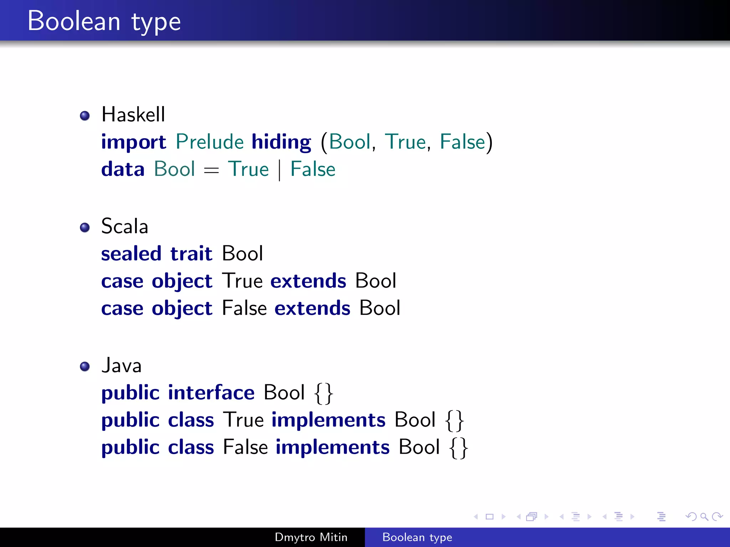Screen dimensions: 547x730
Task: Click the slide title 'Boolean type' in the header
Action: (104, 21)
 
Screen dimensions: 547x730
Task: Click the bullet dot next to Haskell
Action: (85, 116)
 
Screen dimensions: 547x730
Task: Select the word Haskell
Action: (133, 115)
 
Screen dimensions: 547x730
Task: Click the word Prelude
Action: (210, 142)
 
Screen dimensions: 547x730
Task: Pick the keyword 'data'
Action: (123, 169)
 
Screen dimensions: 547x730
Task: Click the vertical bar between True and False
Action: (279, 170)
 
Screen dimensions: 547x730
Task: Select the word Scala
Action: (124, 226)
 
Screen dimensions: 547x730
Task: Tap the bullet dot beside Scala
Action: (85, 227)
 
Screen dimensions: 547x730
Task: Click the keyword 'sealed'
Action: (131, 254)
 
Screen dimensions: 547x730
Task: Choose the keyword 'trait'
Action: (191, 254)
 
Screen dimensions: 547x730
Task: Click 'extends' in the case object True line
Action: (308, 281)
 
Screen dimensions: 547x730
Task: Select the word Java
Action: (122, 366)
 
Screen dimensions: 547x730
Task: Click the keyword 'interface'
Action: (211, 393)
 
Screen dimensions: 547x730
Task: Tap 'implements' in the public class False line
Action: (333, 447)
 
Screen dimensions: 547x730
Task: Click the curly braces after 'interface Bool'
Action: (324, 394)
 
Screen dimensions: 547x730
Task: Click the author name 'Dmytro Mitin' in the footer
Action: (311, 537)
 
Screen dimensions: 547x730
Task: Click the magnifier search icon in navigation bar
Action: (704, 516)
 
